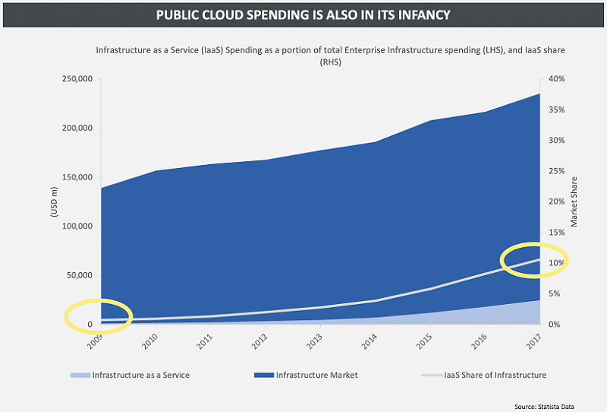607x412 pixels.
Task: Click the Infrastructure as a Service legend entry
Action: [140, 375]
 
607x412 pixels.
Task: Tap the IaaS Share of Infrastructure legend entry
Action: [494, 375]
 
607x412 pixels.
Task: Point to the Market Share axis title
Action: [574, 201]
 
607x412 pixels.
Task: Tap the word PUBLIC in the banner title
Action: [179, 15]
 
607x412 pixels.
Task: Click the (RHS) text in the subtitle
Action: [330, 62]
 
